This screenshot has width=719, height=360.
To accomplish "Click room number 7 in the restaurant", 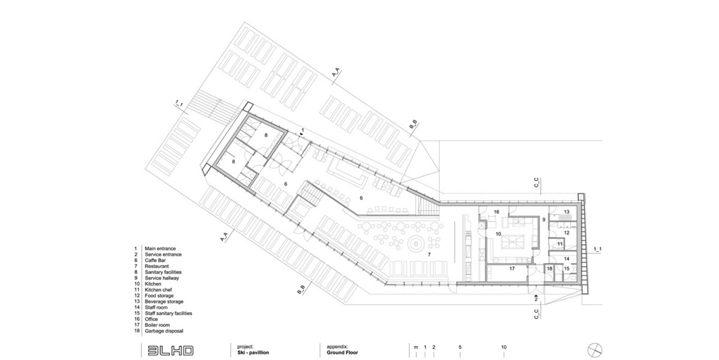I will (429, 255).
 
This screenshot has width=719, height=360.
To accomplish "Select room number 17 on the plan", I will (512, 269).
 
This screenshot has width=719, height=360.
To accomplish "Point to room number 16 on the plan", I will (497, 212).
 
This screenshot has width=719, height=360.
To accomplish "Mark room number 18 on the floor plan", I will (549, 269).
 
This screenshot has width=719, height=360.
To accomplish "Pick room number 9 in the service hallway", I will (544, 220).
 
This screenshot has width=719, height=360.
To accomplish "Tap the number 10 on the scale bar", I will (504, 347).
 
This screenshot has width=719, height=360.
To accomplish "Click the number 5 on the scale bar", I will (460, 347).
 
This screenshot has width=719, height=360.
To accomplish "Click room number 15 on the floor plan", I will (567, 270).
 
